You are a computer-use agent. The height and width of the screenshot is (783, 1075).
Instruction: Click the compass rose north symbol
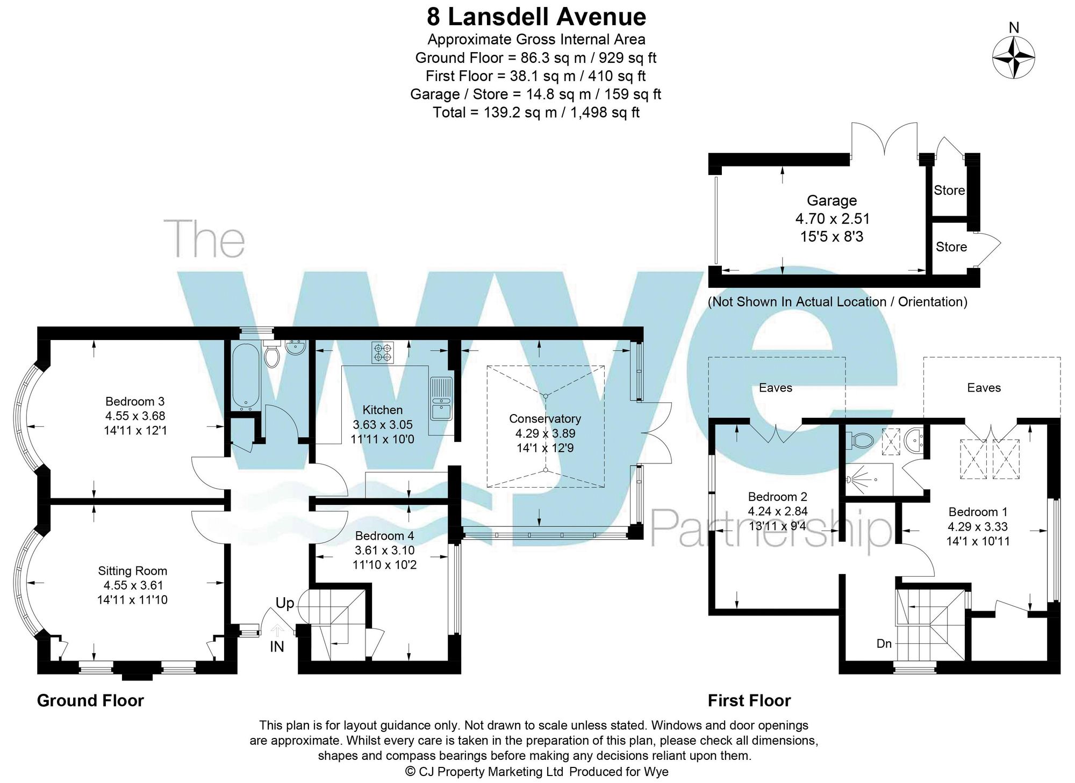click(1013, 57)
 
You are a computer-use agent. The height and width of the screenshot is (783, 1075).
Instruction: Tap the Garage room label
click(832, 201)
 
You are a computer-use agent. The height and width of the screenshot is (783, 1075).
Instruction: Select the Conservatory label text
click(544, 418)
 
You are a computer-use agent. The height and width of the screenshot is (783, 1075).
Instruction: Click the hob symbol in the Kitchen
click(383, 352)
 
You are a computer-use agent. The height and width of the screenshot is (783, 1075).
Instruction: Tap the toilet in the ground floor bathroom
click(272, 355)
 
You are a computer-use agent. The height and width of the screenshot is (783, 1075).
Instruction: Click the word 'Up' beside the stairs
click(285, 603)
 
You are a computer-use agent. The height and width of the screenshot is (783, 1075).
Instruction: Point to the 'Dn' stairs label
click(884, 643)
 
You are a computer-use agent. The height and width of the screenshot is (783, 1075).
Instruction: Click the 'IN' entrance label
click(277, 647)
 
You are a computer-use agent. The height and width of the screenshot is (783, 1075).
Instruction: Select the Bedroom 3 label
click(135, 401)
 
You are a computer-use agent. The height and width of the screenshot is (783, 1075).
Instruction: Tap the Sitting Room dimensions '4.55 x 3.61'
click(133, 585)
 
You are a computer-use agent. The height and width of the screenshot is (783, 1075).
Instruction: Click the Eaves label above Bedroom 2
click(775, 388)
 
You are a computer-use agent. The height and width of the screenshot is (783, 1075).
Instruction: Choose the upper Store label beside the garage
click(949, 190)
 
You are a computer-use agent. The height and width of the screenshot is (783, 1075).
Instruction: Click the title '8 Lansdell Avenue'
click(536, 17)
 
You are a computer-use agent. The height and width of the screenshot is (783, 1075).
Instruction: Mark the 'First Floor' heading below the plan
click(749, 700)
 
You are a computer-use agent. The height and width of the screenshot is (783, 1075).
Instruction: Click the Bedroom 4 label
click(384, 535)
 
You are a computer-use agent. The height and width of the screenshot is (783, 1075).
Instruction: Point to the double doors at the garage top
click(884, 141)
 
